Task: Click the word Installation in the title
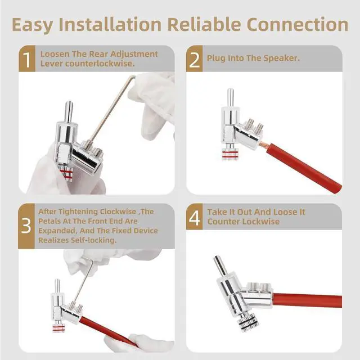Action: click(110, 24)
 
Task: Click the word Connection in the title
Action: click(298, 24)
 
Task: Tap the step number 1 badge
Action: click(27, 58)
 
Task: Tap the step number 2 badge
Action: click(195, 58)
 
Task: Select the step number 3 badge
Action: click(26, 226)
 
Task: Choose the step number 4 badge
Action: click(194, 217)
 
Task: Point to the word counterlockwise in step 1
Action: click(100, 64)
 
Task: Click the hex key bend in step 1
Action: click(133, 78)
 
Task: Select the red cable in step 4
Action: click(308, 300)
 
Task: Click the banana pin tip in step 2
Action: click(231, 89)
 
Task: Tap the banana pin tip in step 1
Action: click(69, 102)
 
